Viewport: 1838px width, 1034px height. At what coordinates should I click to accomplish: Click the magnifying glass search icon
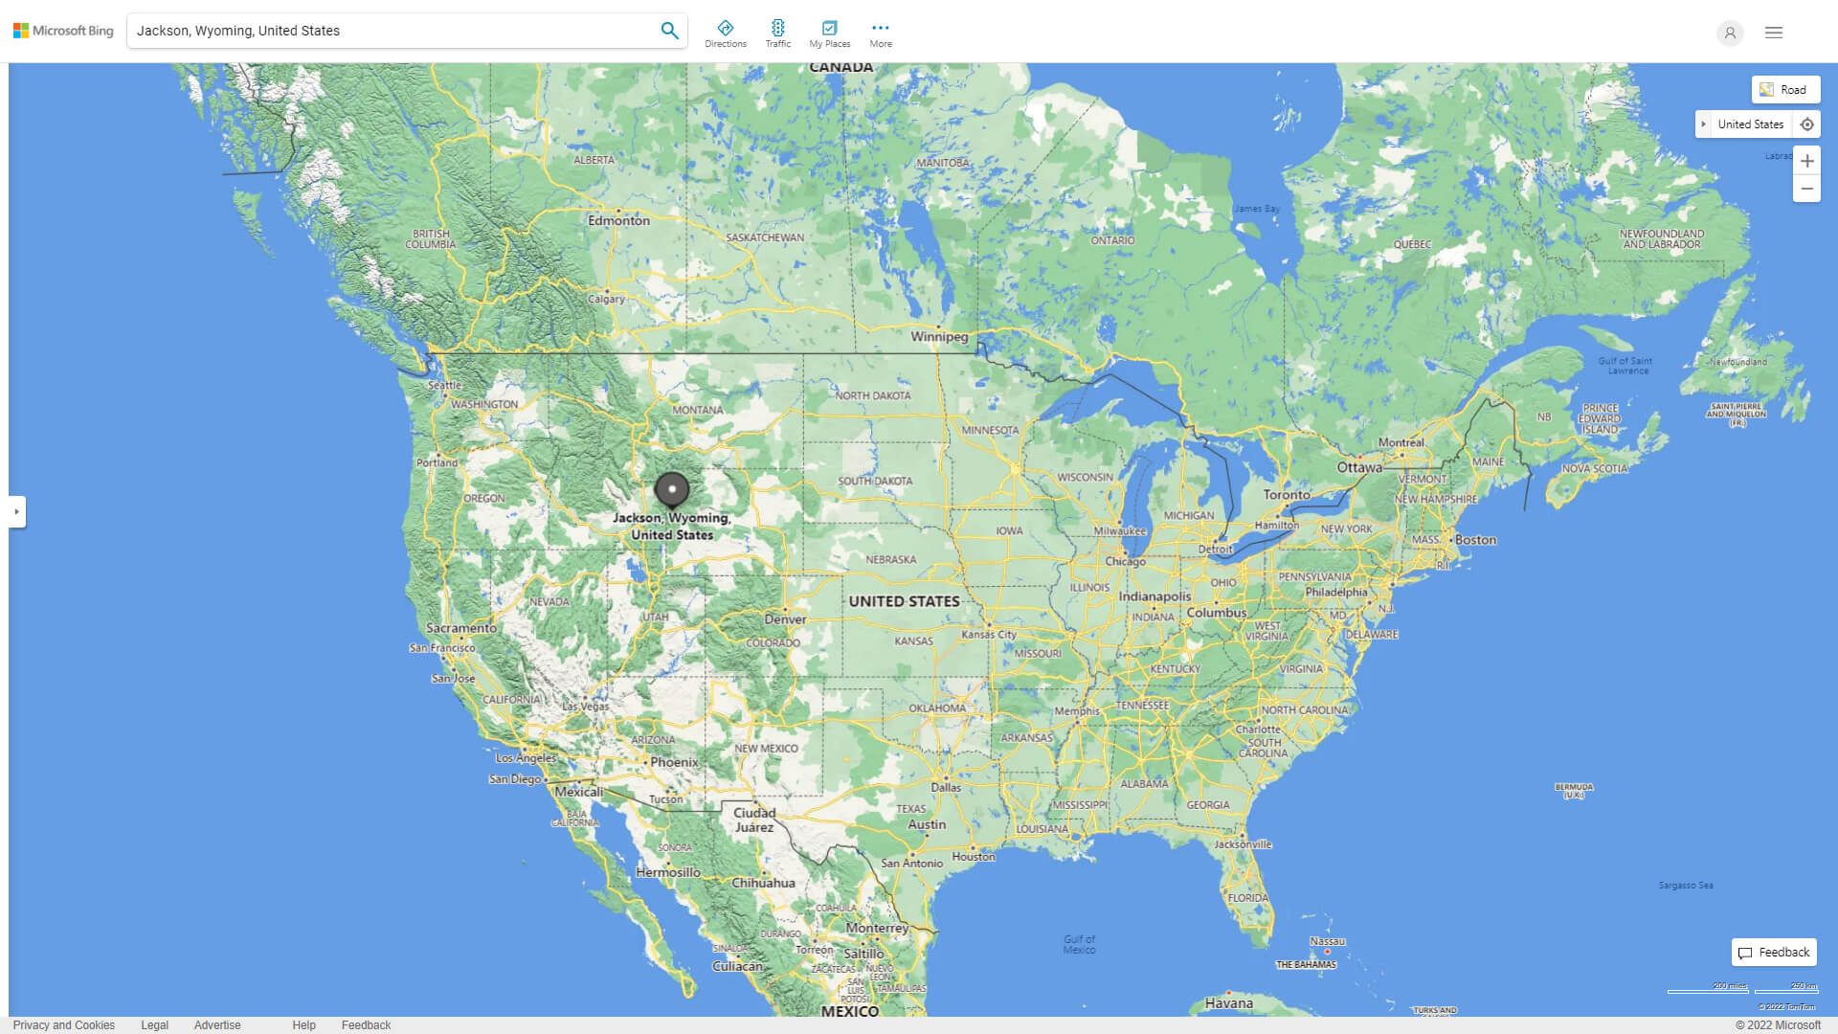tap(669, 31)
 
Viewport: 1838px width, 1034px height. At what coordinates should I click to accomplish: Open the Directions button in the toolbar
tap(726, 34)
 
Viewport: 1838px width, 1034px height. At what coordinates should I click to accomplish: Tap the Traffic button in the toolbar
tap(778, 34)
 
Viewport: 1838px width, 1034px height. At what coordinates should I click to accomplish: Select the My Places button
tap(829, 34)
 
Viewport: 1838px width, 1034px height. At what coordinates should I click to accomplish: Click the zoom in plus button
tap(1806, 161)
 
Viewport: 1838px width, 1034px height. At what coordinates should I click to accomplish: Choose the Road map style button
tap(1785, 90)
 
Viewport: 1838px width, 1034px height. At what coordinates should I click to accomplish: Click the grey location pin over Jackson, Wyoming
tap(672, 490)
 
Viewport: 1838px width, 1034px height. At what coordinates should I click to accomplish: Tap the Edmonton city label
tap(619, 220)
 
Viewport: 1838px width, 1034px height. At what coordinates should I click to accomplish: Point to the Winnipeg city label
tap(939, 336)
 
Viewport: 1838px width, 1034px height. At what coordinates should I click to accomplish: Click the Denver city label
tap(785, 619)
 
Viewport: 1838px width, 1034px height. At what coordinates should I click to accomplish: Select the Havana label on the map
tap(1229, 1003)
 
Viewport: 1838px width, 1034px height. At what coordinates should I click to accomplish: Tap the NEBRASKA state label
tap(890, 559)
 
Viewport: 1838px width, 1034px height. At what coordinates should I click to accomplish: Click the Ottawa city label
tap(1359, 467)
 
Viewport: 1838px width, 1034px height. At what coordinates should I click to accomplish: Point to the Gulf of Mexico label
tap(1079, 944)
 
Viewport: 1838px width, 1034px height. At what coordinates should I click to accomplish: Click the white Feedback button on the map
tap(1774, 953)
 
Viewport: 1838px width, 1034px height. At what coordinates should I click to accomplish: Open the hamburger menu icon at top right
tap(1774, 33)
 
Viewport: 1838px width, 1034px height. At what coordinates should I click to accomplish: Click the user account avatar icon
tap(1730, 33)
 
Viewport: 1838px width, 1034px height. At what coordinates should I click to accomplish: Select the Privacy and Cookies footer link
tap(64, 1025)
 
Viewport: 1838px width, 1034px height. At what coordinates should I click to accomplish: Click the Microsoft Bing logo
tap(63, 31)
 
